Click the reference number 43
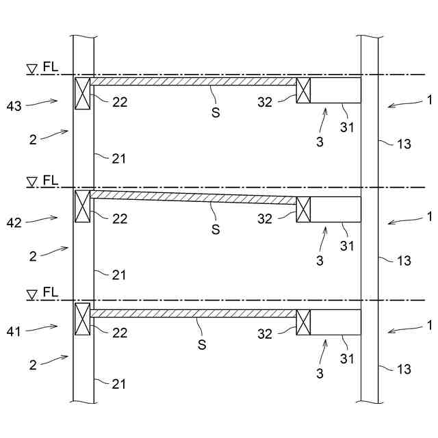click(x=14, y=105)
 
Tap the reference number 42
click(x=14, y=222)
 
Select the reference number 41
click(x=14, y=331)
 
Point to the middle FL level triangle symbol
click(x=31, y=182)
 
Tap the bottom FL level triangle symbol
click(x=31, y=295)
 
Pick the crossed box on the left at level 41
click(x=82, y=318)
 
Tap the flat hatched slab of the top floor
click(x=194, y=81)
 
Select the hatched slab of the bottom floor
click(x=194, y=313)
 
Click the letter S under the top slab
click(x=216, y=109)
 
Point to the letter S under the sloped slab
click(x=216, y=230)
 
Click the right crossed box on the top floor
click(x=303, y=90)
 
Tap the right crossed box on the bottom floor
click(x=303, y=322)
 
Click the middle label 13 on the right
click(x=404, y=260)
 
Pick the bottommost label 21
click(x=120, y=383)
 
